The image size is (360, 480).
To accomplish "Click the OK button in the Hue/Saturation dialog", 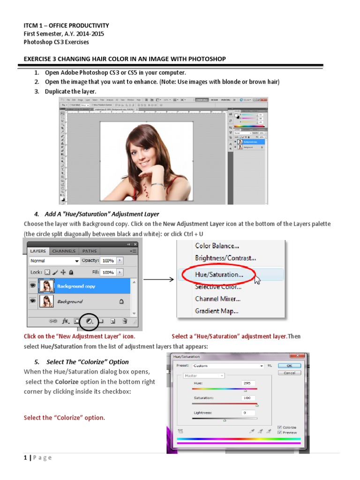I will (289, 366).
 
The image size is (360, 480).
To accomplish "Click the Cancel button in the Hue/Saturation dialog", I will (289, 373).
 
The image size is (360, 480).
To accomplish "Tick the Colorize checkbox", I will (280, 427).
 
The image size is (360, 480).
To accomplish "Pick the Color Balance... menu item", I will (217, 246).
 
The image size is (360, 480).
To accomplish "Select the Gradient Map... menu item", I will (217, 310).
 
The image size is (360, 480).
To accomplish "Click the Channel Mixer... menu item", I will (218, 299).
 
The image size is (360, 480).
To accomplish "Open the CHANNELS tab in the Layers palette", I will (63, 251).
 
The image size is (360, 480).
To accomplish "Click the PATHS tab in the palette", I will (90, 251).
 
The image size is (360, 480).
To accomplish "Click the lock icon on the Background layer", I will (121, 302).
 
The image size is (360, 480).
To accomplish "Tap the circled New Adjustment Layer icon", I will (88, 322).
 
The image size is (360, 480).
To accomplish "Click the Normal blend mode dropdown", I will (54, 261).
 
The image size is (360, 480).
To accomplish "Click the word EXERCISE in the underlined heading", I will (38, 59).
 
